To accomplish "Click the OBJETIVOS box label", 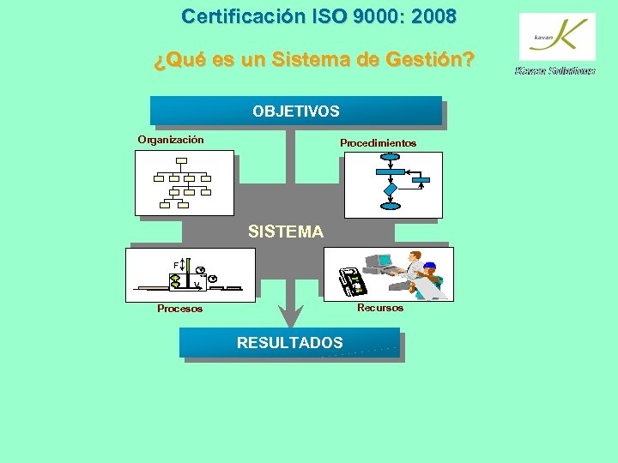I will pyautogui.click(x=295, y=111).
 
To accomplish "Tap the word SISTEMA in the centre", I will pyautogui.click(x=285, y=231).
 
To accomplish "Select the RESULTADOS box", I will pyautogui.click(x=289, y=343).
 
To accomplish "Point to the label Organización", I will pyautogui.click(x=171, y=140).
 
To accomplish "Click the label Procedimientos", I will pyautogui.click(x=378, y=143).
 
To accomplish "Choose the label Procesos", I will pyautogui.click(x=179, y=309).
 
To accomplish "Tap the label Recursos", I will pyautogui.click(x=379, y=307).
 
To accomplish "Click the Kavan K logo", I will pyautogui.click(x=557, y=37).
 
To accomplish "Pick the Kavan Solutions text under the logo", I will pyautogui.click(x=554, y=71).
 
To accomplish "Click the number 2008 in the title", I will pyautogui.click(x=434, y=16).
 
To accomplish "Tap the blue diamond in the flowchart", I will pyautogui.click(x=391, y=188).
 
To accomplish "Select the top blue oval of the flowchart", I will pyautogui.click(x=391, y=157).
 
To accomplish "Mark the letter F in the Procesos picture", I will pyautogui.click(x=175, y=264).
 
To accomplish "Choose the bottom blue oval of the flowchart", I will pyautogui.click(x=391, y=206).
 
